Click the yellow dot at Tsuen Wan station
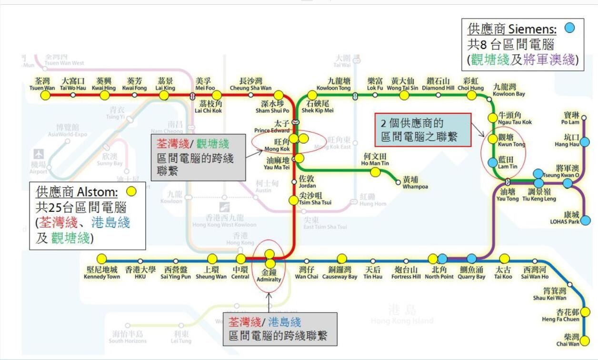coord(45,95)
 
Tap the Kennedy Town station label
coord(102,273)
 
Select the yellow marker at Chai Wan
coord(585,341)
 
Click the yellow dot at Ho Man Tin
coord(375,172)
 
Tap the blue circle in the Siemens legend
coord(569,28)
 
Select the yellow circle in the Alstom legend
coord(131,191)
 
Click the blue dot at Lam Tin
coord(493,162)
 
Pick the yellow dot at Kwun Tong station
coord(493,140)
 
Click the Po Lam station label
coord(570,119)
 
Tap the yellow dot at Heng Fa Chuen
coord(585,312)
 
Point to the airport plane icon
coord(39,155)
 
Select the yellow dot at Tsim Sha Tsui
coord(293,200)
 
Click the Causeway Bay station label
coord(339,273)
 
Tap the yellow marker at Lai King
coord(164,95)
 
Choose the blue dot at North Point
coord(442,259)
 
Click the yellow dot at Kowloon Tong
coord(312,95)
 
